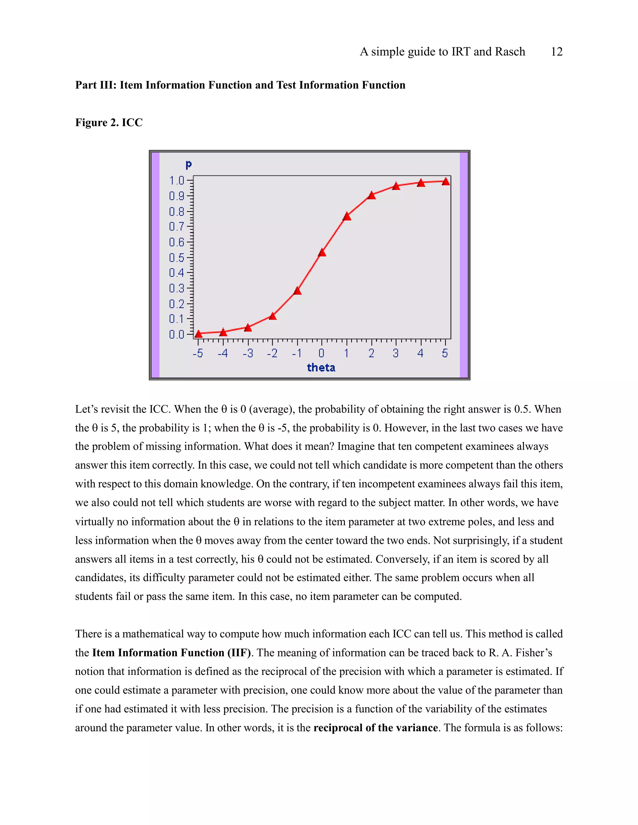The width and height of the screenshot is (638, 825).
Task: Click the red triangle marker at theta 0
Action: point(322,253)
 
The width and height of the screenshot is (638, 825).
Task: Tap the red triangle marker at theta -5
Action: point(198,334)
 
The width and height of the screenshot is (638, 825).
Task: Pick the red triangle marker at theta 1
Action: point(347,216)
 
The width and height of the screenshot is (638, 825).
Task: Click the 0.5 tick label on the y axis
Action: point(177,258)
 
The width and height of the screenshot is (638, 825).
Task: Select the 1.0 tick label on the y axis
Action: point(177,181)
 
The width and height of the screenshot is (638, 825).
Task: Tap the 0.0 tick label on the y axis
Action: point(177,334)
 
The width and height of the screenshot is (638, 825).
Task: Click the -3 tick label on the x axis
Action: point(248,353)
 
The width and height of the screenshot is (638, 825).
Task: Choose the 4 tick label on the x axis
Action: point(420,353)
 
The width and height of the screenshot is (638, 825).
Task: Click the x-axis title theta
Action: point(321,368)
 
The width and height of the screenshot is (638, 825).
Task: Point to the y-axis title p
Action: point(188,165)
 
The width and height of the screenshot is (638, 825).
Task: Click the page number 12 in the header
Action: point(556,51)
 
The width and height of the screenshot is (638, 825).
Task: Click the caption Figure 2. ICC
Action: point(109,122)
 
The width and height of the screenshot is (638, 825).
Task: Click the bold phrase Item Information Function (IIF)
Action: point(172,653)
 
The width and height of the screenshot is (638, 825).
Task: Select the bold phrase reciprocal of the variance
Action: point(375,728)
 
